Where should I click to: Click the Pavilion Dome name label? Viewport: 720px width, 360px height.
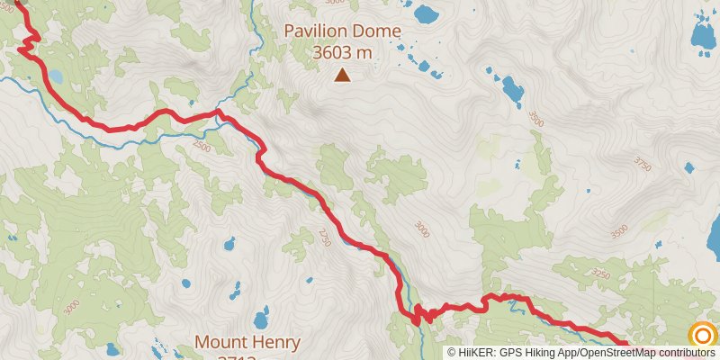click(x=342, y=31)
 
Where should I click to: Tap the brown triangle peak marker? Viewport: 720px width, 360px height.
click(x=342, y=76)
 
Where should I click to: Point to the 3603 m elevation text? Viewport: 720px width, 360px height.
click(x=342, y=53)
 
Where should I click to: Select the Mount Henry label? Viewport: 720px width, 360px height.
click(x=247, y=343)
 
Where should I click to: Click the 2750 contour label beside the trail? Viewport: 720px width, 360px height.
click(x=324, y=237)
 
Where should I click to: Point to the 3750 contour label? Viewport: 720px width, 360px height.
click(x=642, y=164)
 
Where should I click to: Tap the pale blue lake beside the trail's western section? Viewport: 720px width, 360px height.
click(x=56, y=77)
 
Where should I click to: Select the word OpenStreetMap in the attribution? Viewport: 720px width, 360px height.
click(x=618, y=352)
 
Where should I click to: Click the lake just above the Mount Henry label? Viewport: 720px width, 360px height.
click(x=261, y=318)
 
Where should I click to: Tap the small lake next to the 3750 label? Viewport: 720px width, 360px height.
click(x=688, y=167)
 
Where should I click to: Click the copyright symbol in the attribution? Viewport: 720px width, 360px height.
click(x=453, y=352)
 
